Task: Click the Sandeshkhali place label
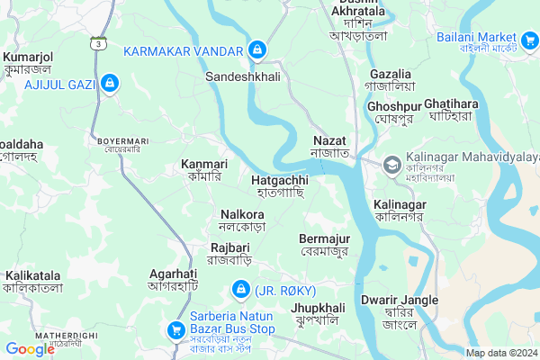pos(243,77)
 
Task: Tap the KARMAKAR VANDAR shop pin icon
pos(257,49)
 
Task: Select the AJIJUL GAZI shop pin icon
pos(109,84)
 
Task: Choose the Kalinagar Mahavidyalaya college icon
pos(391,165)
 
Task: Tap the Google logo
pos(30,348)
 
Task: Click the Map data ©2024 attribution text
pos(499,353)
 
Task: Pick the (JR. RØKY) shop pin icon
pos(240,289)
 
